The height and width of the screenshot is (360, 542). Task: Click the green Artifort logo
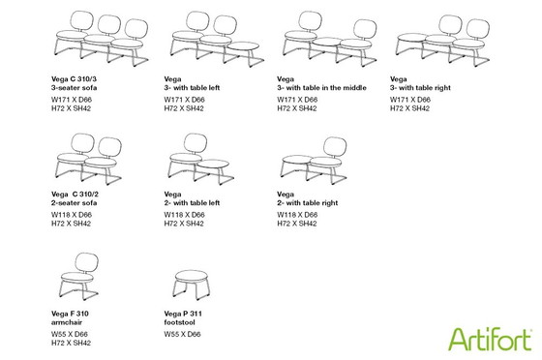click(x=490, y=339)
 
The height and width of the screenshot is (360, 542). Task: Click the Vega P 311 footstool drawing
click(x=192, y=285)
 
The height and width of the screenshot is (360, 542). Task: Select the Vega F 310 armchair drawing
click(x=78, y=276)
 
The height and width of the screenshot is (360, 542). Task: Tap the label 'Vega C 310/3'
click(x=74, y=79)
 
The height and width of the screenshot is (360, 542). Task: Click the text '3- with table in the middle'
click(x=321, y=88)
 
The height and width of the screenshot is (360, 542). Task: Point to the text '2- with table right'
click(x=308, y=203)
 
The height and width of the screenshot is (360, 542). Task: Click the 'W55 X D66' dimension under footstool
click(x=182, y=334)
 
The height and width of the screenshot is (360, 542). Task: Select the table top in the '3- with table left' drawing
click(x=243, y=46)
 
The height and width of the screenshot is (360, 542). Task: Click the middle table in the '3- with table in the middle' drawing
click(x=327, y=42)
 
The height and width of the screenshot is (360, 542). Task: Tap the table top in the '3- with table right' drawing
click(x=412, y=38)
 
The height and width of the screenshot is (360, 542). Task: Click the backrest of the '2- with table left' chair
click(x=196, y=143)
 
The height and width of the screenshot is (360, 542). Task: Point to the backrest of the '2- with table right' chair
click(x=335, y=146)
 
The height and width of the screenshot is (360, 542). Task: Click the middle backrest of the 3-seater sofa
click(x=108, y=24)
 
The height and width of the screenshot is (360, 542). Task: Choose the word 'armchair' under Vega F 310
click(x=67, y=322)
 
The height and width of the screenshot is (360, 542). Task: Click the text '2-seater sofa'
click(x=74, y=203)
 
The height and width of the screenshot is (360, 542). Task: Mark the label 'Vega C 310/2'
click(x=75, y=195)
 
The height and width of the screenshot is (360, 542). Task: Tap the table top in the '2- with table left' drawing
click(x=213, y=165)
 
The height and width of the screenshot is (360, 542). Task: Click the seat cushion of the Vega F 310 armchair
click(x=76, y=277)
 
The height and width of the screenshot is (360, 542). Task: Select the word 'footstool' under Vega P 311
click(x=179, y=322)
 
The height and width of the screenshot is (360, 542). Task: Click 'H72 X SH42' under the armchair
click(x=71, y=343)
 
